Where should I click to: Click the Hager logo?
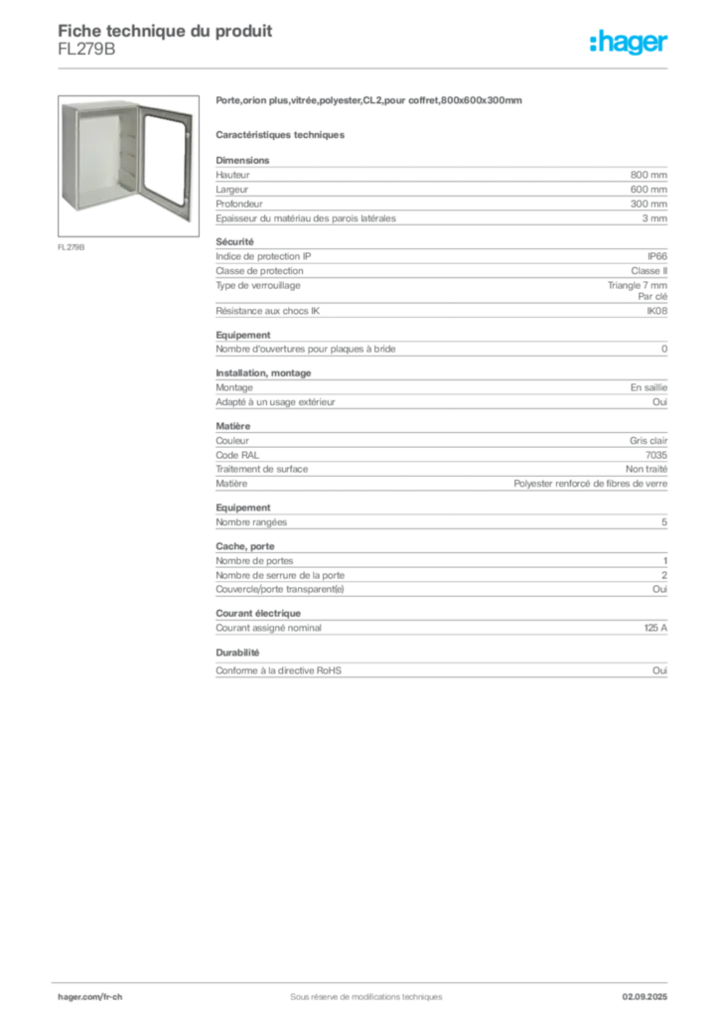coord(629,42)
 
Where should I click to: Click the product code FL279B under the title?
coord(86,50)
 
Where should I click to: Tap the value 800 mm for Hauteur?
coord(648,175)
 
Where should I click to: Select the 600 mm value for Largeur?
coord(648,190)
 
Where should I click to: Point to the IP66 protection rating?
coord(656,256)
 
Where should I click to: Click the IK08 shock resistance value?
coord(656,311)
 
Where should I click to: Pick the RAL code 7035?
coord(656,455)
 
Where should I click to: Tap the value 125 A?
coord(655,628)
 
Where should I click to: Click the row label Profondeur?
coord(239,204)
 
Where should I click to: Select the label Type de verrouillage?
coord(258,285)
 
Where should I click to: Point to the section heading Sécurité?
coord(234,242)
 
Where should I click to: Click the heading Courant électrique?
coord(258,613)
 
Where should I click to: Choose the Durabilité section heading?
coord(237,653)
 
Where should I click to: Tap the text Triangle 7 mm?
coord(638,285)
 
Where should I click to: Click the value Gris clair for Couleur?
coord(648,440)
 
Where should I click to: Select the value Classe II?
coord(648,271)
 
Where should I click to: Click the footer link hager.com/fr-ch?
coord(90,997)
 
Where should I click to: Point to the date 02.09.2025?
coord(645,997)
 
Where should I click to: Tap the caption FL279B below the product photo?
coord(72,247)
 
